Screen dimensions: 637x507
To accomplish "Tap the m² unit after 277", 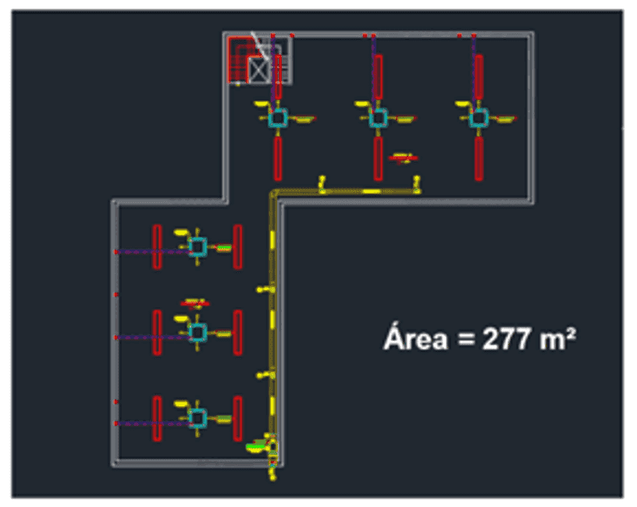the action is [558, 339].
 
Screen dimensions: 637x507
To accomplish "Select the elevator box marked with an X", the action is [258, 70].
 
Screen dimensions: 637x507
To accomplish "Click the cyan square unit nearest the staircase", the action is [278, 118].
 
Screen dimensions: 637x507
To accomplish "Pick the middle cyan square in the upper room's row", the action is [378, 118].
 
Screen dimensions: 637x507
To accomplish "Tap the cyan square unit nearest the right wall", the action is [479, 118].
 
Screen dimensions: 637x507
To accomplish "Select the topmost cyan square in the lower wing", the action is [198, 246].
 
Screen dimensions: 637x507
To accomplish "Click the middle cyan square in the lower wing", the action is [198, 333].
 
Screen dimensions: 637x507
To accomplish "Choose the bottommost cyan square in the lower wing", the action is [198, 419].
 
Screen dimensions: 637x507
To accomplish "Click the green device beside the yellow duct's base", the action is [255, 447].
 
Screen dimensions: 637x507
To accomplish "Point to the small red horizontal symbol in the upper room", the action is [403, 158].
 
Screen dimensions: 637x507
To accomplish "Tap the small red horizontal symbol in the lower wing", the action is [195, 303].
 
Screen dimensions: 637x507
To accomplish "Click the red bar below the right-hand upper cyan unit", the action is [479, 158].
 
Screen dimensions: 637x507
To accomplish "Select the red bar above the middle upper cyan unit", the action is [378, 76].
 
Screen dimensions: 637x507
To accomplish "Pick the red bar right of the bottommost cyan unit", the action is [237, 419].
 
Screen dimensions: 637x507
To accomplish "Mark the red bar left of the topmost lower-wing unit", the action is [157, 246].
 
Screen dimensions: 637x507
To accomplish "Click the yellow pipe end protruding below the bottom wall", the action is [273, 473].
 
